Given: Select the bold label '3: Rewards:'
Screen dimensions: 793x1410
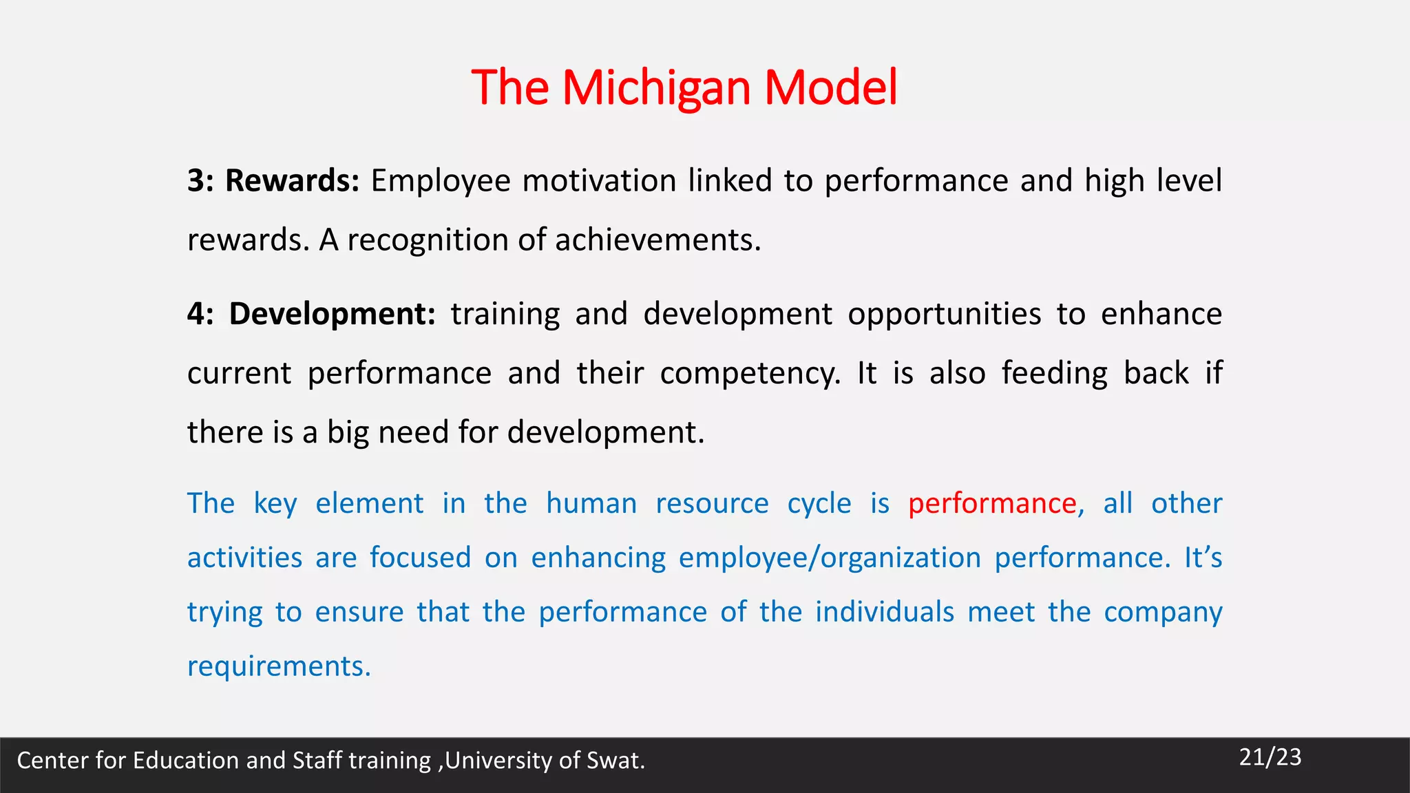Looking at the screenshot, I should (x=273, y=181).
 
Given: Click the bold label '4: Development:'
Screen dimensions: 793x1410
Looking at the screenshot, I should (x=311, y=314).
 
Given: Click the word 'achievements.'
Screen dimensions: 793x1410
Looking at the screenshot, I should (x=657, y=240).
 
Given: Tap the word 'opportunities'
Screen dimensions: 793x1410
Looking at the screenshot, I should (x=944, y=314).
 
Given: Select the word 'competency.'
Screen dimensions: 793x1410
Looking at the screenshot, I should (x=750, y=374).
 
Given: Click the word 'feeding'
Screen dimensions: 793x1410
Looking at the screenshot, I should (x=1054, y=374).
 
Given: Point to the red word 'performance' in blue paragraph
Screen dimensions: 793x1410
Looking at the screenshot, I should (x=992, y=504).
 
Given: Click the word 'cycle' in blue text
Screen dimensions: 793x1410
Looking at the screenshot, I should (x=819, y=504).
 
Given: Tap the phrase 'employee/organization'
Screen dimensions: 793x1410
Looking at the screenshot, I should (x=830, y=558).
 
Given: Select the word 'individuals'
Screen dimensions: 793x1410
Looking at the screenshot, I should (x=885, y=612).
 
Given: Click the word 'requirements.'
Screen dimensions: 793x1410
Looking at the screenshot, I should (x=279, y=666).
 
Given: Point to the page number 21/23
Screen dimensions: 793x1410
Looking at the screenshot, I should (x=1270, y=757).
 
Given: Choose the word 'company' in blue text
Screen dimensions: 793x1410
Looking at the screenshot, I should (x=1163, y=612).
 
